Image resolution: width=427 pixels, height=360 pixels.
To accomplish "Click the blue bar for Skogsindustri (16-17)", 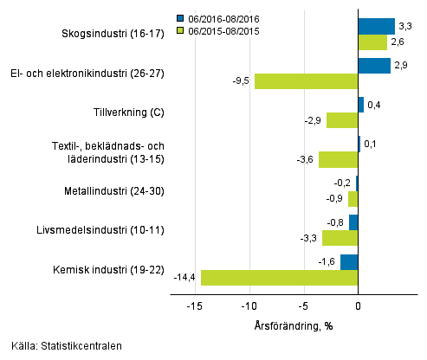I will tap(376, 26).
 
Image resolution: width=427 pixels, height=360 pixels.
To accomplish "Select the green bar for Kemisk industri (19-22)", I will tap(279, 278).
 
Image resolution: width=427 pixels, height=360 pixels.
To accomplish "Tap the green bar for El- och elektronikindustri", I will tap(306, 81).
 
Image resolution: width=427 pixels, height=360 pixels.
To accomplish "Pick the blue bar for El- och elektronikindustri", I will tap(373, 66).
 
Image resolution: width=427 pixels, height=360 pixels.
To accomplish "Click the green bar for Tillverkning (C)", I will tap(342, 120).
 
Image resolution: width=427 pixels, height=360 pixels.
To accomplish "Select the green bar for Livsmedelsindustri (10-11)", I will tap(340, 238).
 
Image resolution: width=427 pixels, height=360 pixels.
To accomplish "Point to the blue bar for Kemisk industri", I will tap(349, 262).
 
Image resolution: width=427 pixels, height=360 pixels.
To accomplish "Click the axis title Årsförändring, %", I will tap(294, 325).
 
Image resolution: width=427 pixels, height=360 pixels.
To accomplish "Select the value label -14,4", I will tap(186, 278).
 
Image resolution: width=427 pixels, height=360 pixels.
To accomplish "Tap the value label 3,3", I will tap(404, 26).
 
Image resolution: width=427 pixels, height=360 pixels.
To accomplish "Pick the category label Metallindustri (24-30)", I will tap(114, 190).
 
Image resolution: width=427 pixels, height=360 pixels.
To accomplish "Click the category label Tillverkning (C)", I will tap(128, 112).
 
